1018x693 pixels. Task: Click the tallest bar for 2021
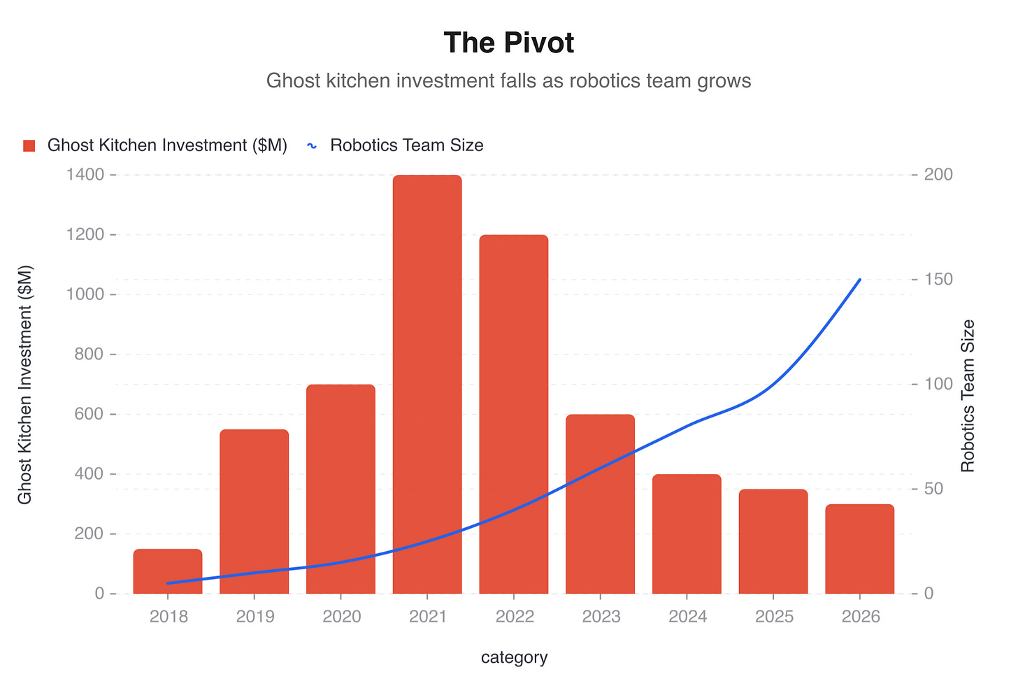427,385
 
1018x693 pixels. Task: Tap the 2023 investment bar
600,503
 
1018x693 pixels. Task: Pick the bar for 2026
859,549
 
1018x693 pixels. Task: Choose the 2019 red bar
254,510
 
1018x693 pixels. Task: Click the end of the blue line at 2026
859,280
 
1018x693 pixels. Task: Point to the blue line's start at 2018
168,583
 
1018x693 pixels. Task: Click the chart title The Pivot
508,43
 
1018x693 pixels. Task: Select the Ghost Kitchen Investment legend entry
155,145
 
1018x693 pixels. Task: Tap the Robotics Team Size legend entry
396,145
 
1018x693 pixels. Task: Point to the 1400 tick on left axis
85,175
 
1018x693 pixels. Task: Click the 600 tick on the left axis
87,414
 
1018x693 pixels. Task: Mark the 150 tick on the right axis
937,280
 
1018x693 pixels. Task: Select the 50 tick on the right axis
933,489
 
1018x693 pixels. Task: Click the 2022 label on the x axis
514,617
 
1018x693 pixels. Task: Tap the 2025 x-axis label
773,617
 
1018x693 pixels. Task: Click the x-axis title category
514,657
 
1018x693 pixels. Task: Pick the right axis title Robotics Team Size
968,395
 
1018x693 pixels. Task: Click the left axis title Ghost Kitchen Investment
25,384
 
